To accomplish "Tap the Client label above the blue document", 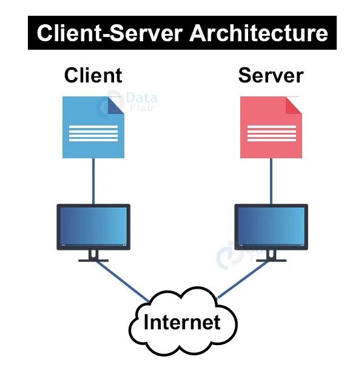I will point(93,75).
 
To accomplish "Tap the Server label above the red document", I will point(271,75).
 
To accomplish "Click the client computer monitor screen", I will point(93,226).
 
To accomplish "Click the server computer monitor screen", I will point(271,226).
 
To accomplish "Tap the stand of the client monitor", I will point(93,257).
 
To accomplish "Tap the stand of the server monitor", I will point(271,257).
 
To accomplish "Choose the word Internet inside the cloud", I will point(181,322).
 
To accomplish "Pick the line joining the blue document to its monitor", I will point(93,181).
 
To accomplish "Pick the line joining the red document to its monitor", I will point(271,181).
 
